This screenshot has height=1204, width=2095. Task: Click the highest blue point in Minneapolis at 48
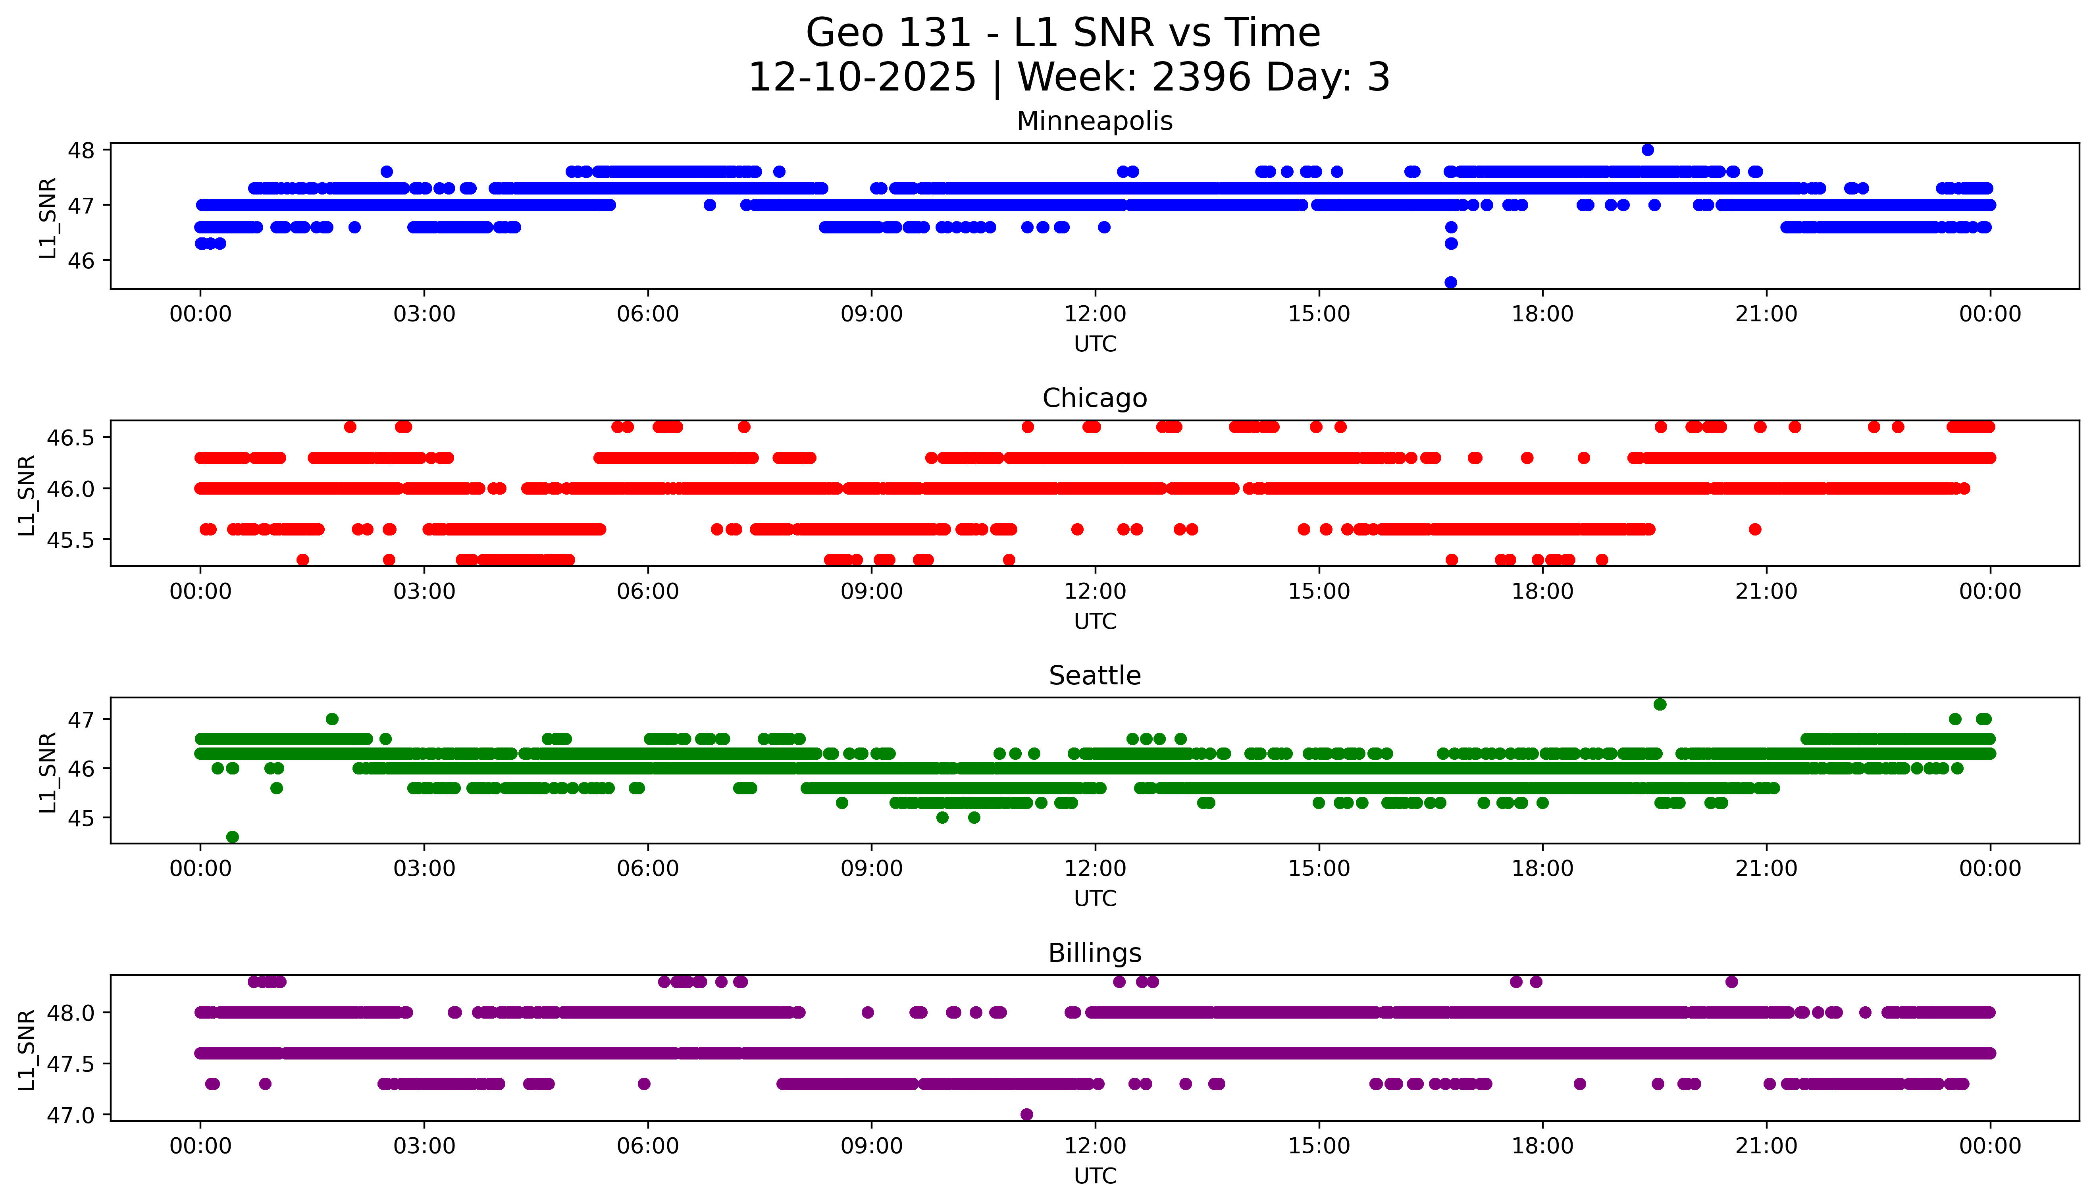pyautogui.click(x=1647, y=150)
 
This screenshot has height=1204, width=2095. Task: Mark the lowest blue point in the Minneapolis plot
pyautogui.click(x=1450, y=282)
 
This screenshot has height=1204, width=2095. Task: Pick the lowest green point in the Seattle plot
pyautogui.click(x=232, y=837)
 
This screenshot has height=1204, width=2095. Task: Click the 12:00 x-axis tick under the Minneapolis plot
pyautogui.click(x=1095, y=314)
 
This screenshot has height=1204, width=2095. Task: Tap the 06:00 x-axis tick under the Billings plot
pyautogui.click(x=647, y=1146)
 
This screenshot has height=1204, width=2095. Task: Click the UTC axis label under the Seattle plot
pyautogui.click(x=1095, y=899)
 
